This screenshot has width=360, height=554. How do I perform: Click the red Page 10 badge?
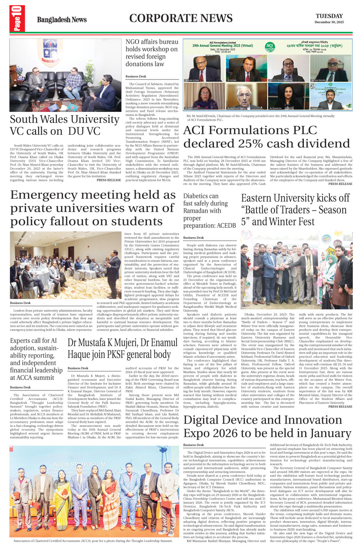coord(17,19)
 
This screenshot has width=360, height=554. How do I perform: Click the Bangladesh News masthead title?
coord(61,20)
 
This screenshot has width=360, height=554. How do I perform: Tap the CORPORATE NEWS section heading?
coord(181,18)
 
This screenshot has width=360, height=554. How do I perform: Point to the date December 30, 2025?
coord(329,22)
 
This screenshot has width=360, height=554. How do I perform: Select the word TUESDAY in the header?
coord(329,16)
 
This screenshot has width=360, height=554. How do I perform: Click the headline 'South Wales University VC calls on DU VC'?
coord(65,125)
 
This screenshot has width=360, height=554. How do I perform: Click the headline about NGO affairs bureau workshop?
coord(152,53)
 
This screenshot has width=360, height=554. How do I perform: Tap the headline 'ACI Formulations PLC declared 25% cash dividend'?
coord(266,137)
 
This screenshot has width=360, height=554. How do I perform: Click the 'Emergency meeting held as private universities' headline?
coord(93,208)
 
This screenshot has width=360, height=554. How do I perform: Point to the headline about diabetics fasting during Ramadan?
coord(209,211)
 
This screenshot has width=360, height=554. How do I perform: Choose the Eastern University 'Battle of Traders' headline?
coord(295,210)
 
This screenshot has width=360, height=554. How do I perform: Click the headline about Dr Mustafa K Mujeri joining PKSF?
coord(122,349)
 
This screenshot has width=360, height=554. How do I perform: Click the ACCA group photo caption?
coord(93,541)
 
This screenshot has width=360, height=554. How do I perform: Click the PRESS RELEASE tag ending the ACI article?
coord(340,184)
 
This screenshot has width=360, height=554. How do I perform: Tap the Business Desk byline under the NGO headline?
coord(136,76)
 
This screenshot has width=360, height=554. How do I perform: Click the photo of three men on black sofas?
coord(65,75)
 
